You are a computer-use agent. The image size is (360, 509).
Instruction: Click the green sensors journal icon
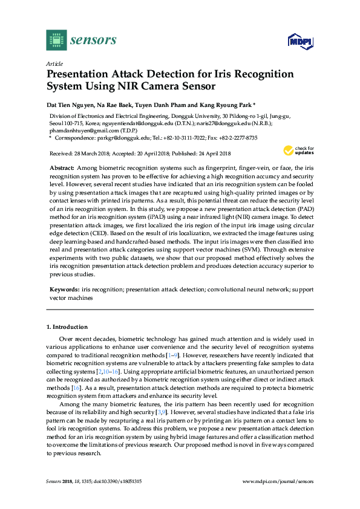56,40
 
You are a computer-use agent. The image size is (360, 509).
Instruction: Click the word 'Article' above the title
54,63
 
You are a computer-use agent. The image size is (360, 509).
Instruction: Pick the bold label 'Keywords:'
64,290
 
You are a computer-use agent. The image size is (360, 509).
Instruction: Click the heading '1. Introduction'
67,327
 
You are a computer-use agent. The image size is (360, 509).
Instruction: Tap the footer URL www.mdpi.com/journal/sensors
278,481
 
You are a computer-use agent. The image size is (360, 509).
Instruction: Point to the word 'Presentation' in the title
84,75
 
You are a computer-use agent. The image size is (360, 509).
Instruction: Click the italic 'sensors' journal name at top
93,41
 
